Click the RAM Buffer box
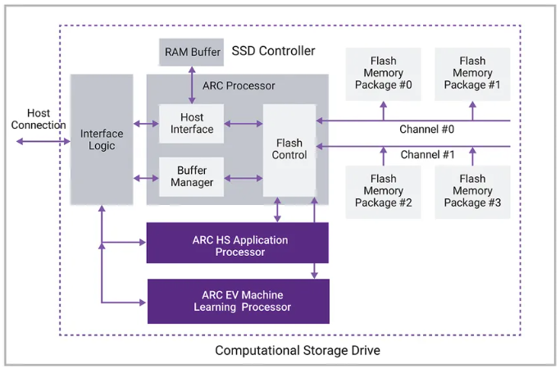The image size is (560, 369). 193,52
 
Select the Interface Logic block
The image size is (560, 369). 102,139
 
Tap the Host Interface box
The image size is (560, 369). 191,124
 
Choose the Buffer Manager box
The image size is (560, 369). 191,176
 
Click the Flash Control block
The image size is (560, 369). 289,149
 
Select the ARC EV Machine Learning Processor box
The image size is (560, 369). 237,301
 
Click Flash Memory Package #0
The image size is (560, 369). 383,74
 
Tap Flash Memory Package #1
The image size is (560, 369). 472,74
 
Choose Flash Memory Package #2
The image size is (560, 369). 383,191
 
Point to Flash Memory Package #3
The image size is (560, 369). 472,191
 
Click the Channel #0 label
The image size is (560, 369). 426,130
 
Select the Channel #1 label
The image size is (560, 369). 426,155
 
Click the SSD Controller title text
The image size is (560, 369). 273,51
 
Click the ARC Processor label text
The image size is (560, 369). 239,86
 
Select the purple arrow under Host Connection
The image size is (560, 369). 43,141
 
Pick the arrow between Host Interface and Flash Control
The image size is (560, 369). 244,124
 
